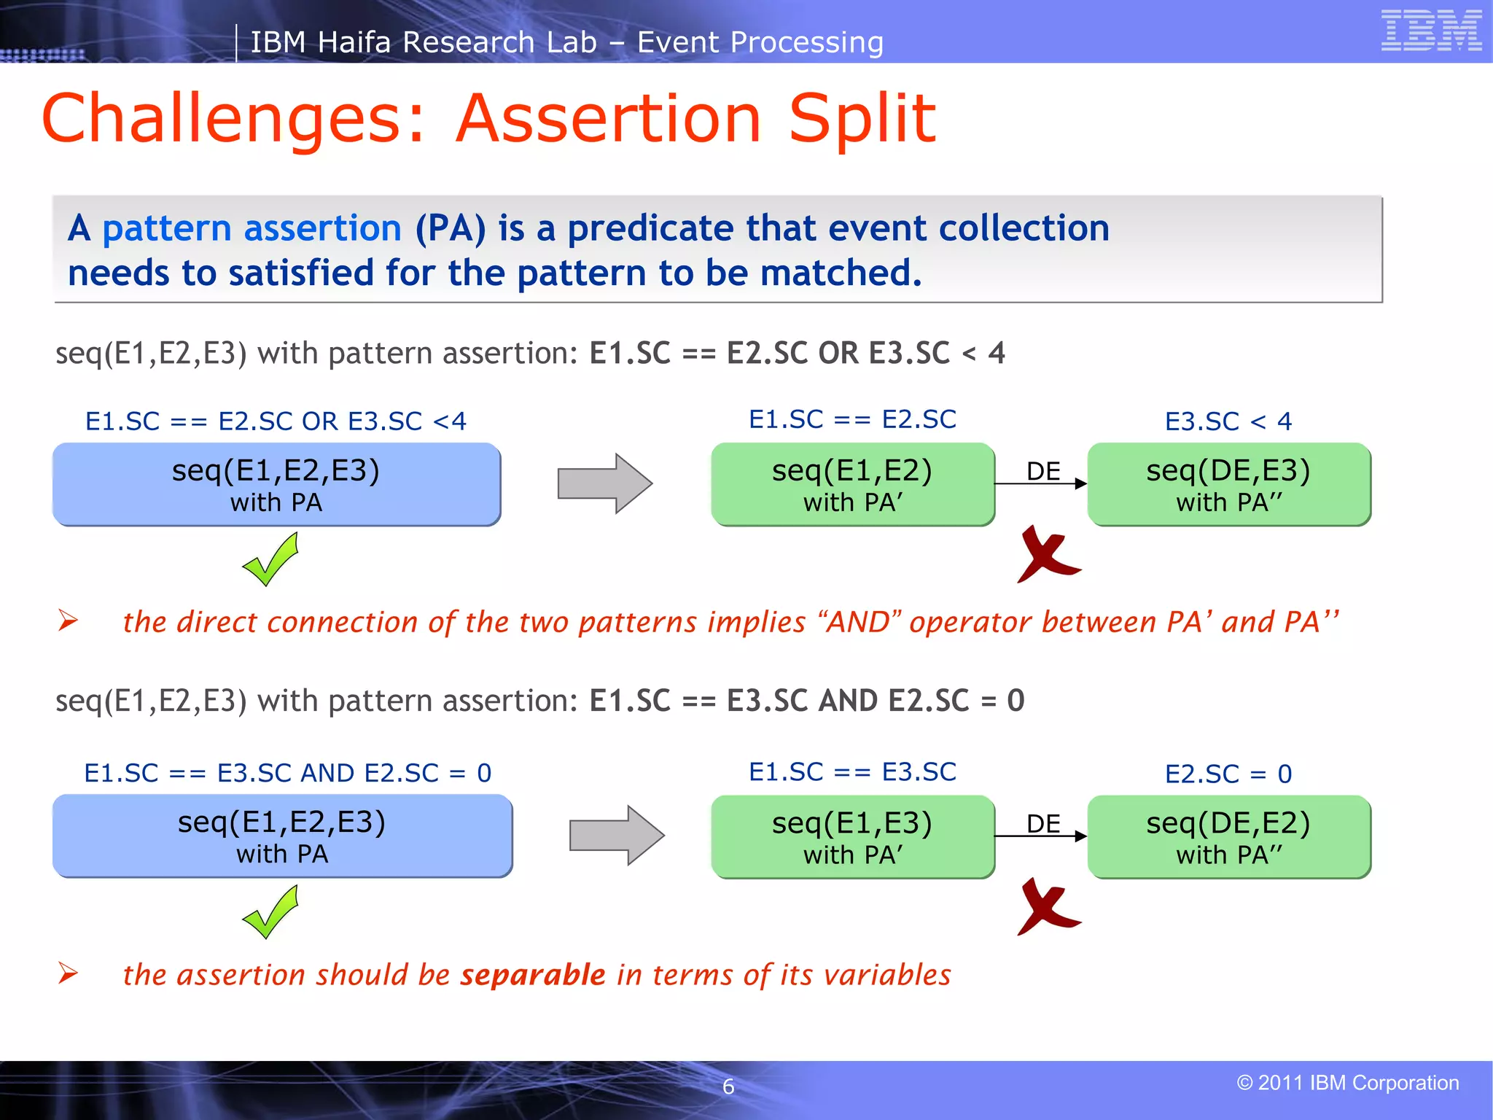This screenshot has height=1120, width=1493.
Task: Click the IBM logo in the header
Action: coord(1431,31)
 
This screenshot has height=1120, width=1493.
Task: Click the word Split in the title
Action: coord(862,119)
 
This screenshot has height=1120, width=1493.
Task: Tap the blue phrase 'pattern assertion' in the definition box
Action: coord(252,228)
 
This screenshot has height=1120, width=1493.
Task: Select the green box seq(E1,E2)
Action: coord(852,484)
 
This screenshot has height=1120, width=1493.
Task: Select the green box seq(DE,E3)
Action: coord(1228,484)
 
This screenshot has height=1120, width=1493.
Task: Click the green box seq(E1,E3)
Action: coord(852,836)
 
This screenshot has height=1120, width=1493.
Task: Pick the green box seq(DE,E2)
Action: coord(1228,836)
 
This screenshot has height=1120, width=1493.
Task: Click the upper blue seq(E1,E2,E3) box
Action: coord(276,484)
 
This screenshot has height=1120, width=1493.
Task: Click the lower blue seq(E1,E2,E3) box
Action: coord(282,836)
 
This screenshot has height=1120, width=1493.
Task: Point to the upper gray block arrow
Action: coord(604,483)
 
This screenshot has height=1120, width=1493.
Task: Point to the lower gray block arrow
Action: coord(616,836)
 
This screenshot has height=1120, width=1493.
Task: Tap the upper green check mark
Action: coord(270,559)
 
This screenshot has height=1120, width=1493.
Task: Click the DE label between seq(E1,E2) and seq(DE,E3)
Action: coord(1043,471)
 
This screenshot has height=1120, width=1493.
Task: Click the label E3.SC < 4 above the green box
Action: coord(1228,421)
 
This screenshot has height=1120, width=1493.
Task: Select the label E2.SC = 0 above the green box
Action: coord(1228,774)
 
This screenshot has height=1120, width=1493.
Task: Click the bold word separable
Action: coord(532,975)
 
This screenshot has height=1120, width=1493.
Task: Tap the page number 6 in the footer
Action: coord(728,1086)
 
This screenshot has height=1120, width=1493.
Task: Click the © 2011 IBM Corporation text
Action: coord(1347,1083)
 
